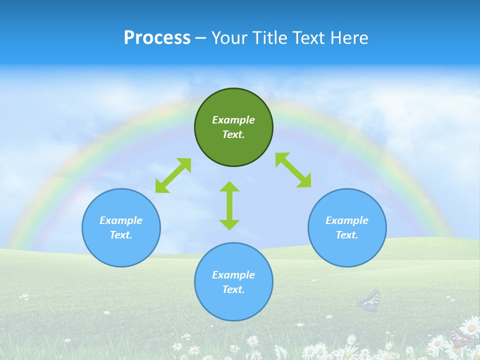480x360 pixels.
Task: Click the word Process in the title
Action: point(157,37)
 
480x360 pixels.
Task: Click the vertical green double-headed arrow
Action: point(229,205)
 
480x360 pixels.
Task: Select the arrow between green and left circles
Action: point(173,175)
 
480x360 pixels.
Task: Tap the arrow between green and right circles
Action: point(293,170)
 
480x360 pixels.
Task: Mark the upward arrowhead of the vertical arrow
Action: point(229,186)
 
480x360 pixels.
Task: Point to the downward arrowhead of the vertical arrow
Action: point(229,224)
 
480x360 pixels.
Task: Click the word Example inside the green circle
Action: point(233,120)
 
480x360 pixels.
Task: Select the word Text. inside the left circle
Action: point(121,235)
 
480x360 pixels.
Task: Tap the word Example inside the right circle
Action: point(347,220)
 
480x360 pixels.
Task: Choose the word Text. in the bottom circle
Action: point(233,289)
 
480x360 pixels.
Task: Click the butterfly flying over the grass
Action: point(369,300)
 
